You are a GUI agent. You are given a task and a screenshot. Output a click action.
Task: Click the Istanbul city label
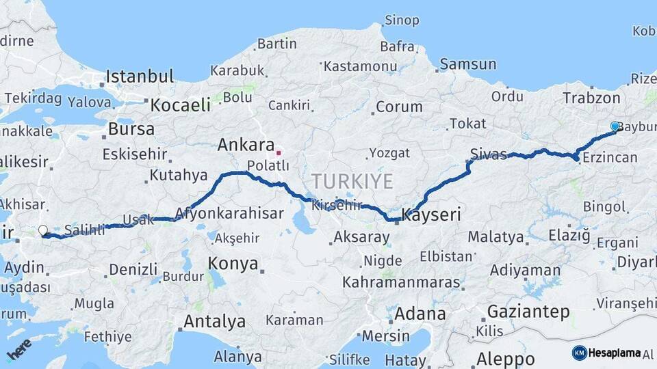pyautogui.click(x=140, y=76)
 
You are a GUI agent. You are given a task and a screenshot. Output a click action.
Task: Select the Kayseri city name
pyautogui.click(x=431, y=215)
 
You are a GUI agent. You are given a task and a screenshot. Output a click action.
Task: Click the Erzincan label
pyautogui.click(x=609, y=158)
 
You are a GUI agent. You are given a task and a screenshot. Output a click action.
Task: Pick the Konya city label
pyautogui.click(x=233, y=264)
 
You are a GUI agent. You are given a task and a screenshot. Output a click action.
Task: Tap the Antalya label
pyautogui.click(x=214, y=320)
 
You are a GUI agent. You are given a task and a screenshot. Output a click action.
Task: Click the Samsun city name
pyautogui.click(x=468, y=64)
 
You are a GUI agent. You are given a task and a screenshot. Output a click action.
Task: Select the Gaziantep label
pyautogui.click(x=528, y=312)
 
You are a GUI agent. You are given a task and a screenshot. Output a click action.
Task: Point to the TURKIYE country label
pyautogui.click(x=352, y=182)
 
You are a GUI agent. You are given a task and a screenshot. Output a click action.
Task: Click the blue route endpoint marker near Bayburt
pyautogui.click(x=615, y=126)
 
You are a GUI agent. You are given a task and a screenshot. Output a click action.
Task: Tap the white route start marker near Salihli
pyautogui.click(x=43, y=231)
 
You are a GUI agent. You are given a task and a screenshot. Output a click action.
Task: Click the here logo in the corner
pyautogui.click(x=19, y=350)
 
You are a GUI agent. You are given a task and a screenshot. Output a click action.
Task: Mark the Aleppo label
pyautogui.click(x=505, y=359)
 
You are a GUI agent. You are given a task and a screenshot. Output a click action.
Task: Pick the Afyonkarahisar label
pyautogui.click(x=229, y=213)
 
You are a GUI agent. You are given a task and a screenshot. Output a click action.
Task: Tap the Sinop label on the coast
pyautogui.click(x=402, y=20)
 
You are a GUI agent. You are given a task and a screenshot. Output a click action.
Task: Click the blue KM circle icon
pyautogui.click(x=579, y=353)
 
